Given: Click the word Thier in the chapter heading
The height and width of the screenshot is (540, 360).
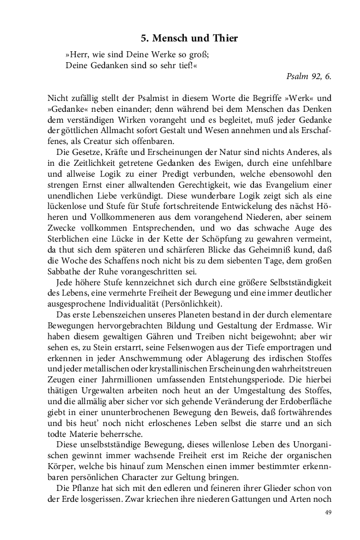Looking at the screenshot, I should pos(223,39).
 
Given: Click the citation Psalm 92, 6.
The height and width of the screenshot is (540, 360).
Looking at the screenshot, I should pos(309,76).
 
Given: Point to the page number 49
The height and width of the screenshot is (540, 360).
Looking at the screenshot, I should pos(328,512).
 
